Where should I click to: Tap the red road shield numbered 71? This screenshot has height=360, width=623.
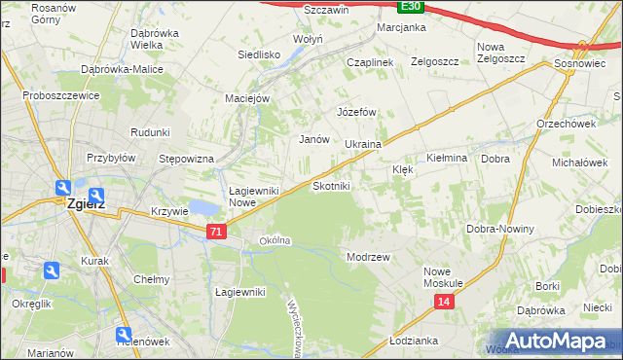click(217, 232)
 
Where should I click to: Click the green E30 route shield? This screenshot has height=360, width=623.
click(411, 6)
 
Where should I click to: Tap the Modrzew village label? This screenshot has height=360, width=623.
click(368, 257)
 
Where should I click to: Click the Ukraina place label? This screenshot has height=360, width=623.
click(363, 144)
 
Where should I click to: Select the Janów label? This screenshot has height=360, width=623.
click(313, 139)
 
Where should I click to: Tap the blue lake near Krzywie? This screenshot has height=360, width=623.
click(203, 206)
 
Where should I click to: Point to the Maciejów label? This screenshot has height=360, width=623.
click(247, 97)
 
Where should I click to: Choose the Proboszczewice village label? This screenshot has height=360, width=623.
click(62, 97)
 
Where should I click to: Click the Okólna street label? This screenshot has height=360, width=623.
click(275, 240)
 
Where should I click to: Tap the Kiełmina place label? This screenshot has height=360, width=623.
click(448, 158)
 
